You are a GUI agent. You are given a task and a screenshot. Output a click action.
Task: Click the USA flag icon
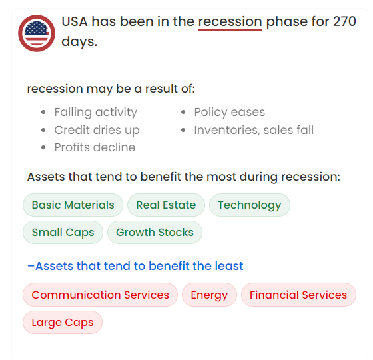pyautogui.click(x=37, y=33)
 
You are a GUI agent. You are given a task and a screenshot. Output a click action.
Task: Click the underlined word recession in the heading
pyautogui.click(x=230, y=22)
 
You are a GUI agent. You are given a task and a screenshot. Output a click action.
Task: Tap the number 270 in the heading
pyautogui.click(x=344, y=21)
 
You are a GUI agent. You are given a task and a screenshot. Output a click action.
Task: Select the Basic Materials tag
pyautogui.click(x=73, y=205)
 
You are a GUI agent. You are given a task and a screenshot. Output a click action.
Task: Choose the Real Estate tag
pyautogui.click(x=166, y=205)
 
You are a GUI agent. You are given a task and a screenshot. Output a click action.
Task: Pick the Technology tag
pyautogui.click(x=250, y=205)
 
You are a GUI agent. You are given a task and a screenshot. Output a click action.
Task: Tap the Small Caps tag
pyautogui.click(x=63, y=233)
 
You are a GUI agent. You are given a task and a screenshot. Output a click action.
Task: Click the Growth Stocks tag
pyautogui.click(x=155, y=233)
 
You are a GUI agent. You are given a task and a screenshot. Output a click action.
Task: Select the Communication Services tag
pyautogui.click(x=100, y=295)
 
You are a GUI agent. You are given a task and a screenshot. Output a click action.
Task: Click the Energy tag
pyautogui.click(x=209, y=295)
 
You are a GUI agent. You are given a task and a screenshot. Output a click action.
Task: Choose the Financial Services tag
pyautogui.click(x=298, y=295)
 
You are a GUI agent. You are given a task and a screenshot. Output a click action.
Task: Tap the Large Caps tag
pyautogui.click(x=63, y=323)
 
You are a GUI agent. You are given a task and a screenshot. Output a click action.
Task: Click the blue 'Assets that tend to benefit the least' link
pyautogui.click(x=135, y=266)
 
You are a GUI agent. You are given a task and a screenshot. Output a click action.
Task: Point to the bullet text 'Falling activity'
pyautogui.click(x=96, y=112)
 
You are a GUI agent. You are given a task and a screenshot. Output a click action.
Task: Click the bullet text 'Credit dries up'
pyautogui.click(x=97, y=130)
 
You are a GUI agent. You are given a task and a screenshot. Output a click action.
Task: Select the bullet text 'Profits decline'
pyautogui.click(x=95, y=147)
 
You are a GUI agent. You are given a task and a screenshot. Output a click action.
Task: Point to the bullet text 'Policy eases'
pyautogui.click(x=230, y=112)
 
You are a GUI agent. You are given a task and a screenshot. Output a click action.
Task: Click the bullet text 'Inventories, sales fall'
pyautogui.click(x=254, y=130)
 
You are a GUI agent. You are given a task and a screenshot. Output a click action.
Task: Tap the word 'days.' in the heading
pyautogui.click(x=79, y=41)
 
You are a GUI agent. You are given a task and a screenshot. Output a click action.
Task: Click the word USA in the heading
pyautogui.click(x=75, y=21)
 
